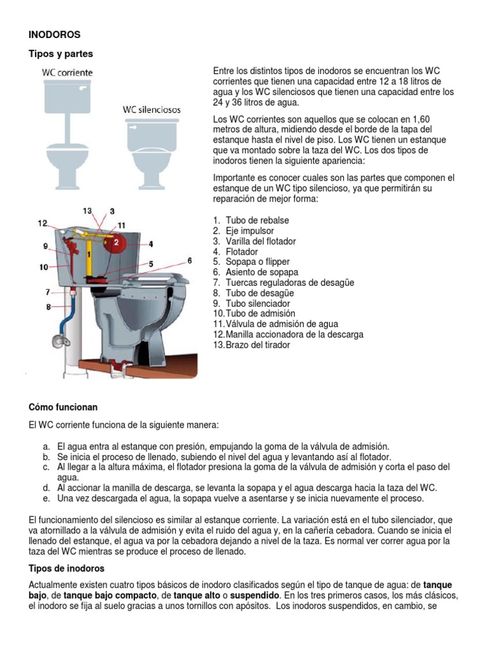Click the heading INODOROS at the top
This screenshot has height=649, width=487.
point(54,34)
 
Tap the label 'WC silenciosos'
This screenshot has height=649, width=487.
point(151,110)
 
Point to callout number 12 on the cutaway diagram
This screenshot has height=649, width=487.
point(42,222)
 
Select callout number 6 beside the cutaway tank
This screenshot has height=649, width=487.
point(189,260)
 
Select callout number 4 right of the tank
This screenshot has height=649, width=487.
point(150,243)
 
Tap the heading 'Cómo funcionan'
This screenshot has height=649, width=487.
point(63,406)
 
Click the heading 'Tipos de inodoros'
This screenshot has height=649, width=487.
point(67,568)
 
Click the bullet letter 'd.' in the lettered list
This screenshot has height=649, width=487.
point(46,487)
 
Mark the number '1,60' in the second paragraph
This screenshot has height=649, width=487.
point(420,119)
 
